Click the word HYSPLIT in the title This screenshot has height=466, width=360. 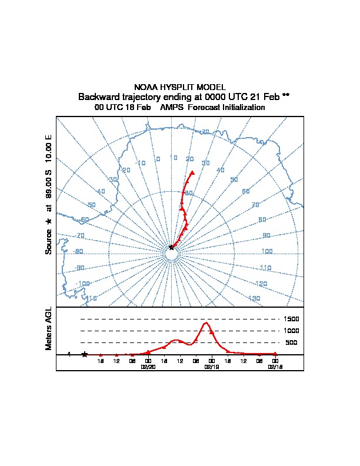pyautogui.click(x=181, y=86)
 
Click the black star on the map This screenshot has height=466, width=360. pyautogui.click(x=171, y=248)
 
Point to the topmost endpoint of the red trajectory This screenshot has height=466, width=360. pyautogui.click(x=192, y=172)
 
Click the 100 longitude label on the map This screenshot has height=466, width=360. pyautogui.click(x=267, y=252)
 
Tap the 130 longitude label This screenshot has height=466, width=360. pyautogui.click(x=254, y=298)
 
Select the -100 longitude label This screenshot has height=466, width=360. pyautogui.click(x=84, y=284)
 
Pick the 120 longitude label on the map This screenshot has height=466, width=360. pyautogui.click(x=262, y=284)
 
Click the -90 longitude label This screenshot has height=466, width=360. pyautogui.click(x=81, y=268)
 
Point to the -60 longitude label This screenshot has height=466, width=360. pyautogui.click(x=85, y=219)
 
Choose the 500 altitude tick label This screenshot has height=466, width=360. pyautogui.click(x=291, y=342)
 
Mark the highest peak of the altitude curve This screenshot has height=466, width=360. pyautogui.click(x=205, y=322)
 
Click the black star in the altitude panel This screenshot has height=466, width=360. pyautogui.click(x=84, y=354)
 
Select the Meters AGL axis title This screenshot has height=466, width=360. pyautogui.click(x=49, y=329)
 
